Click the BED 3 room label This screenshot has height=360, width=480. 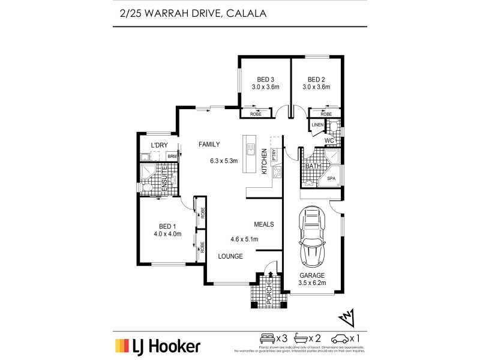265,79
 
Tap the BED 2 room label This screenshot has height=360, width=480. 316,79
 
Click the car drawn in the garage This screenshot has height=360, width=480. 312,236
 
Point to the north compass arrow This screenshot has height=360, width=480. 347,316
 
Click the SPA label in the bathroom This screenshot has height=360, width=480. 331,178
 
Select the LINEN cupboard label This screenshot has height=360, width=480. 317,125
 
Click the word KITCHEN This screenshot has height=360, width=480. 263,161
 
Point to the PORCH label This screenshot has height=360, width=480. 269,292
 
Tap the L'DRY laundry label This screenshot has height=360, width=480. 159,145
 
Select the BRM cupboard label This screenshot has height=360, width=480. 172,157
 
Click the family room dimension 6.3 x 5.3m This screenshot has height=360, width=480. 224,160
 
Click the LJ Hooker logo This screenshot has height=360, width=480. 158,346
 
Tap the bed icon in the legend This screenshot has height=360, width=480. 266,338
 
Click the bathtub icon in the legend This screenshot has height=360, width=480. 308,338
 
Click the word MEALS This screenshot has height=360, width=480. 264,224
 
